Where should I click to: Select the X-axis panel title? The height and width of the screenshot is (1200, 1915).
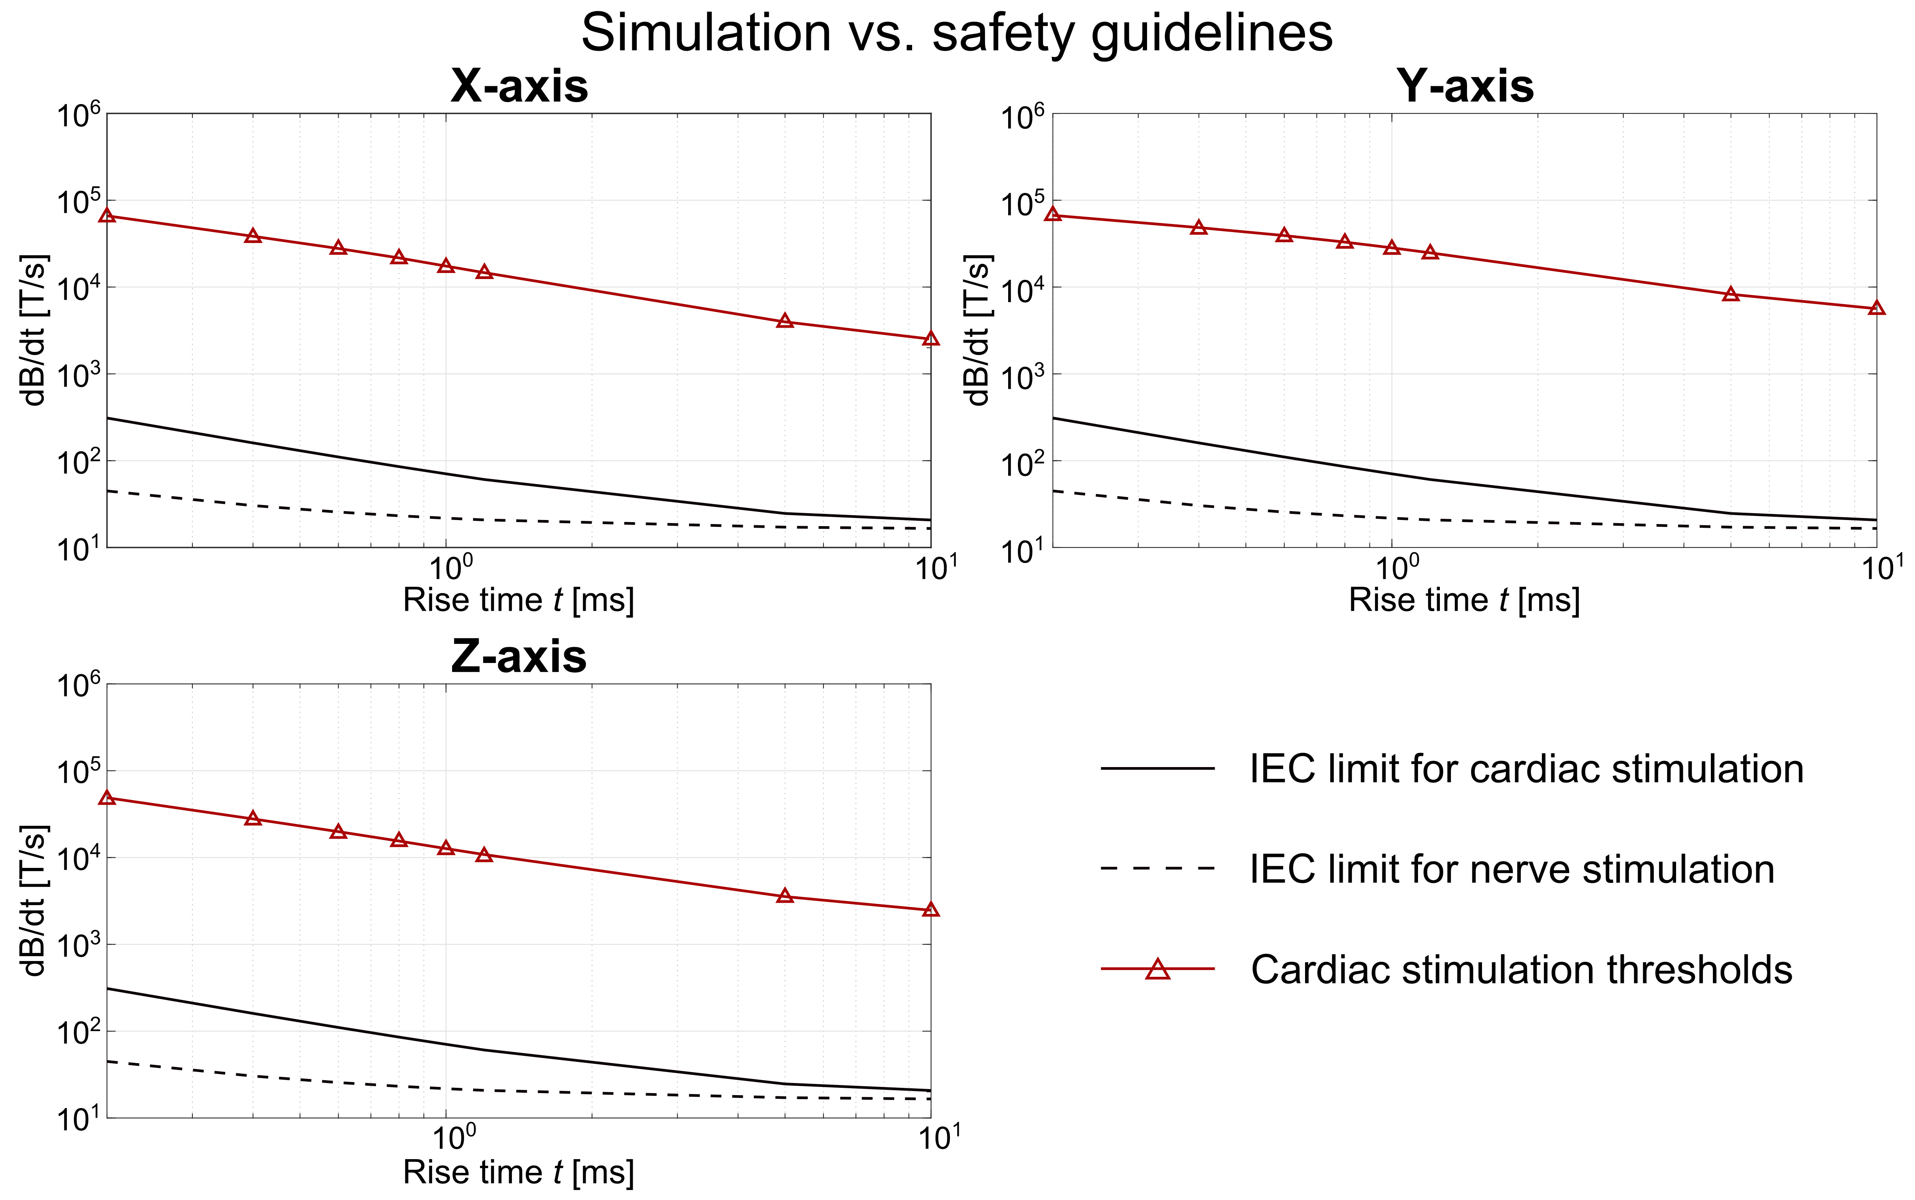[519, 86]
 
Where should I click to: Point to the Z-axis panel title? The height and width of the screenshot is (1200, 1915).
[519, 657]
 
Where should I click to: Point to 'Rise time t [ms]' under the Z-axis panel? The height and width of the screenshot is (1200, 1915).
[519, 1172]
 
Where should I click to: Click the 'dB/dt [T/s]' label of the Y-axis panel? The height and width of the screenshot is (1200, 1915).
[979, 330]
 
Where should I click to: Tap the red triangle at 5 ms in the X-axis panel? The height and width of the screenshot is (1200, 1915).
[785, 321]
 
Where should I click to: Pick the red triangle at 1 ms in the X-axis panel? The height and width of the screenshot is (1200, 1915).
[446, 265]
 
